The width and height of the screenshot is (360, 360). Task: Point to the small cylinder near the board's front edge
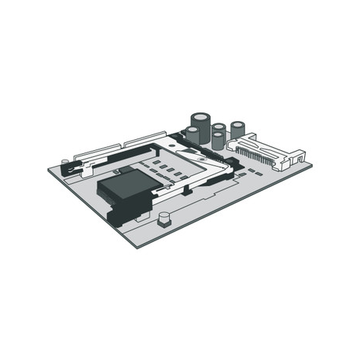[163, 218]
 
